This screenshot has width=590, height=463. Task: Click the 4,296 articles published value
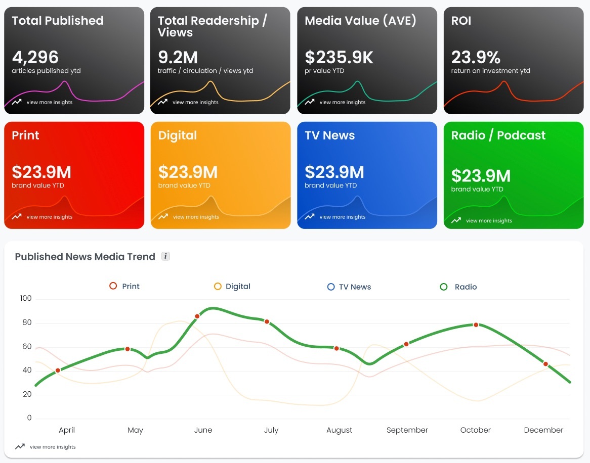[35, 58]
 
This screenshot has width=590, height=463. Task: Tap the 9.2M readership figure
[178, 58]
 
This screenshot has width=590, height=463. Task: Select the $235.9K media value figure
[339, 58]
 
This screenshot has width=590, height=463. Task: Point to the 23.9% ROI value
[476, 58]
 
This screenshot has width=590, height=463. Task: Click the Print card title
[25, 135]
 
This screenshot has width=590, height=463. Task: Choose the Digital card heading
[177, 135]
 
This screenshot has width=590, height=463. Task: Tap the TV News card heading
[329, 135]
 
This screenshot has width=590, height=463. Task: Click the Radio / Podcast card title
[498, 135]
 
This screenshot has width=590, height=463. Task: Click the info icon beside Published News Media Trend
[165, 256]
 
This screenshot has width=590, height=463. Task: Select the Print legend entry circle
[113, 286]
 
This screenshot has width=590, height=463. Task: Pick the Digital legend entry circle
[218, 287]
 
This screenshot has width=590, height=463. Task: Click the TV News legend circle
[331, 287]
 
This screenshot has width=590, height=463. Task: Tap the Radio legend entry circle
[444, 287]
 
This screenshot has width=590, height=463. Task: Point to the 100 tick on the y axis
[26, 298]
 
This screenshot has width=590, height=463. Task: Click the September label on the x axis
[407, 430]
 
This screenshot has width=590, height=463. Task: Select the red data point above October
[476, 325]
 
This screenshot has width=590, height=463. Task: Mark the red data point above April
[58, 371]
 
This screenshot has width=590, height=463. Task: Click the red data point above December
[545, 364]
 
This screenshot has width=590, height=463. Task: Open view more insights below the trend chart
[53, 447]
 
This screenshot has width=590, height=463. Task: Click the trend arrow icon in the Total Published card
[17, 102]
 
